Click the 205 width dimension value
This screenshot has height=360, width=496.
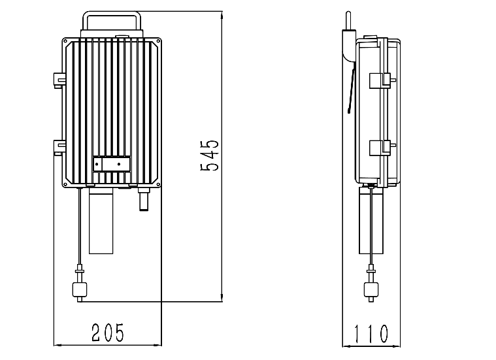(x=108, y=333)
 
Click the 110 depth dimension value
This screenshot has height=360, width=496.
(x=371, y=334)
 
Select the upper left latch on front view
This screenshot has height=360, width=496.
(x=59, y=80)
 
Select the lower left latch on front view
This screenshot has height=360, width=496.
(x=59, y=147)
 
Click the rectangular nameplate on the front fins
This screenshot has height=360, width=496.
(x=112, y=164)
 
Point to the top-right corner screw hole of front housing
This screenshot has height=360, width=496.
(x=158, y=41)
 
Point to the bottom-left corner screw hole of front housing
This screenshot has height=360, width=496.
(x=65, y=184)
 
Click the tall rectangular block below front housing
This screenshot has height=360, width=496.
(x=101, y=220)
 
